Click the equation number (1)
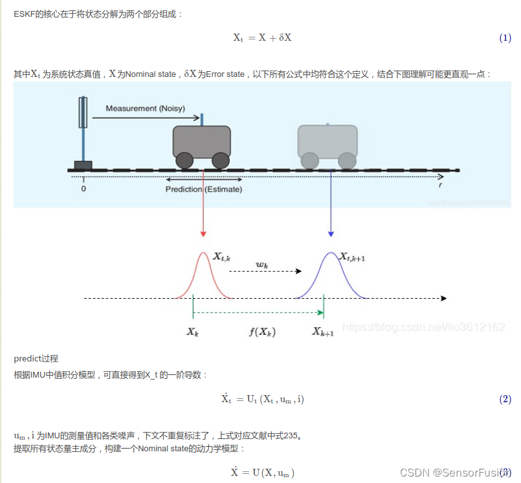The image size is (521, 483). (505, 38)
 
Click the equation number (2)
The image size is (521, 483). (505, 399)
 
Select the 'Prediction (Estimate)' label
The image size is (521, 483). (203, 189)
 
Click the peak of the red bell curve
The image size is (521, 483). (203, 254)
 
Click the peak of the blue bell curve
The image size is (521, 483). (331, 254)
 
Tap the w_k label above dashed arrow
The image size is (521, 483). (261, 264)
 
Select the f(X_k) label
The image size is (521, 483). (262, 332)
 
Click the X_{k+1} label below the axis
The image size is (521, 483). (323, 332)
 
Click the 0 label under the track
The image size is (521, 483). (83, 189)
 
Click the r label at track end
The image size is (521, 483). (440, 184)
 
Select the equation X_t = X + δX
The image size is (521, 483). (261, 38)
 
